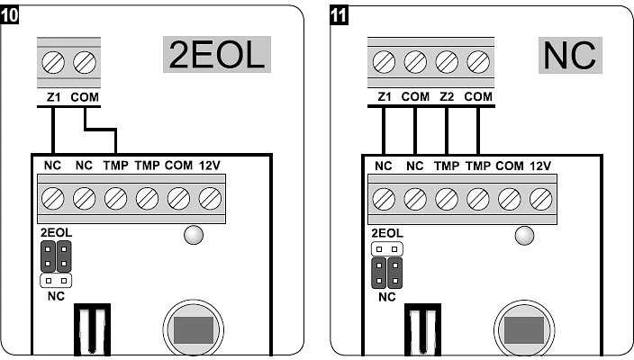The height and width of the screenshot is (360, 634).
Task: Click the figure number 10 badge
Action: tap(9, 15)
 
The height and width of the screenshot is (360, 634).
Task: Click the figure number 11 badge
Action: tap(339, 15)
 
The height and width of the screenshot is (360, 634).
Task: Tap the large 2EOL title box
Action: tap(217, 55)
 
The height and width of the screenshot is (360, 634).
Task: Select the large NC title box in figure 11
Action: tap(570, 56)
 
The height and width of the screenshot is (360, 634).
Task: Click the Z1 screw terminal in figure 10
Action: tap(53, 63)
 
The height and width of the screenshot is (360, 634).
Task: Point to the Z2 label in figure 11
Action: tap(447, 96)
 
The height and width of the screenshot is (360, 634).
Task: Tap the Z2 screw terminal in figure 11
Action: tap(447, 62)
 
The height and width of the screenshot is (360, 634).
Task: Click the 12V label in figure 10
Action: tap(210, 166)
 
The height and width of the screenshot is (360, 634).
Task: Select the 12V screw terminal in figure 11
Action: tap(540, 199)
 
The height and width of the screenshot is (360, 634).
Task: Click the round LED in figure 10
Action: tap(194, 235)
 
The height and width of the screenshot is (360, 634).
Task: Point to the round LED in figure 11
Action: tap(524, 236)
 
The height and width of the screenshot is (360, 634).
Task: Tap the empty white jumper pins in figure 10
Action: tap(56, 281)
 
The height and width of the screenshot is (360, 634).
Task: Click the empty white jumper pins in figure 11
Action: tap(387, 249)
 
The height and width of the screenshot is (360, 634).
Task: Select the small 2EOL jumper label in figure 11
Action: tap(387, 233)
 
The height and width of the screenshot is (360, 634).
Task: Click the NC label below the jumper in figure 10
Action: tap(56, 296)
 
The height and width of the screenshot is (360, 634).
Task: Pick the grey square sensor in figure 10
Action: tap(194, 330)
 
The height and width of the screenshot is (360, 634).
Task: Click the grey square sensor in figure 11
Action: tap(524, 330)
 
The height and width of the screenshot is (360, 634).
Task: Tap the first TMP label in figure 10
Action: tap(115, 166)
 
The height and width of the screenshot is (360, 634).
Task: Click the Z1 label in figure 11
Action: tap(385, 96)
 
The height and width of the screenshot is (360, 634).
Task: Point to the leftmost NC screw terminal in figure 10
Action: tap(53, 199)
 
